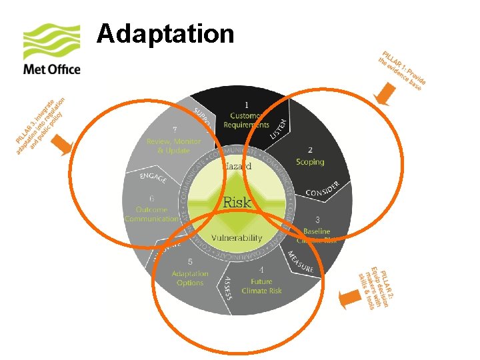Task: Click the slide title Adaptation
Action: [165, 33]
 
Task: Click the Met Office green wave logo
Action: [52, 42]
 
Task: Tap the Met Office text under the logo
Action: [51, 69]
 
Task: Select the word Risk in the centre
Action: [237, 201]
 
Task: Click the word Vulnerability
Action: [237, 238]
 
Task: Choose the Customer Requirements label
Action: [247, 121]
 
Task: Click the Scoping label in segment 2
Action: [310, 162]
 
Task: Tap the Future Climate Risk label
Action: [261, 286]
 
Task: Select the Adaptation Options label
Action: [190, 278]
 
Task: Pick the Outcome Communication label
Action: [152, 214]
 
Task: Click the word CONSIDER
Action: [323, 189]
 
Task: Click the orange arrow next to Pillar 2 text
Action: [347, 298]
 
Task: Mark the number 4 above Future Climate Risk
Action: [261, 270]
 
